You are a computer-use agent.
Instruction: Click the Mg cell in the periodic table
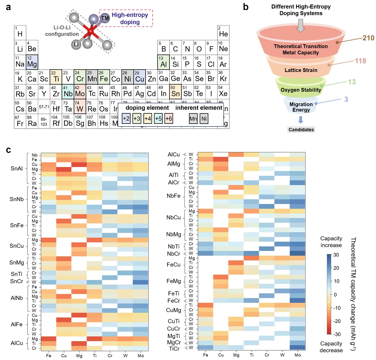(x=32, y=62)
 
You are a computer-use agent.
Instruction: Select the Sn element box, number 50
(x=175, y=92)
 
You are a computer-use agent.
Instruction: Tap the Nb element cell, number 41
(x=68, y=92)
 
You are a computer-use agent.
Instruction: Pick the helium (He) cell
(x=223, y=33)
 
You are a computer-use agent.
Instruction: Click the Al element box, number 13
(x=163, y=62)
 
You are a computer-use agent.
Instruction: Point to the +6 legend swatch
(x=169, y=119)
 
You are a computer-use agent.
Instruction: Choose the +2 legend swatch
(x=126, y=119)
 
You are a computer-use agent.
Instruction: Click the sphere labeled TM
(x=105, y=18)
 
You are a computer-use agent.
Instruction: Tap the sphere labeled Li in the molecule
(x=76, y=44)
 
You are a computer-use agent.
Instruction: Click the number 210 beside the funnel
(x=368, y=38)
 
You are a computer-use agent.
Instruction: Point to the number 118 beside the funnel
(x=360, y=61)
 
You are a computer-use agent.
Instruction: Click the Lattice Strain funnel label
(x=301, y=70)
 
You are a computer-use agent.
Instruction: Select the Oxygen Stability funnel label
(x=301, y=90)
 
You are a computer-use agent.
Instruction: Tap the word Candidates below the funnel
(x=301, y=129)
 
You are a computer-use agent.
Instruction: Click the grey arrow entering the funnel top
(x=301, y=25)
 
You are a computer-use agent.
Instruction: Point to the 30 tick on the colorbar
(x=336, y=255)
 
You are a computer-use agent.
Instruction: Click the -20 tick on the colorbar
(x=337, y=321)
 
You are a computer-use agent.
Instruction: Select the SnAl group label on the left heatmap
(x=17, y=169)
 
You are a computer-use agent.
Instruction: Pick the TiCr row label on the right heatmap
(x=174, y=349)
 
